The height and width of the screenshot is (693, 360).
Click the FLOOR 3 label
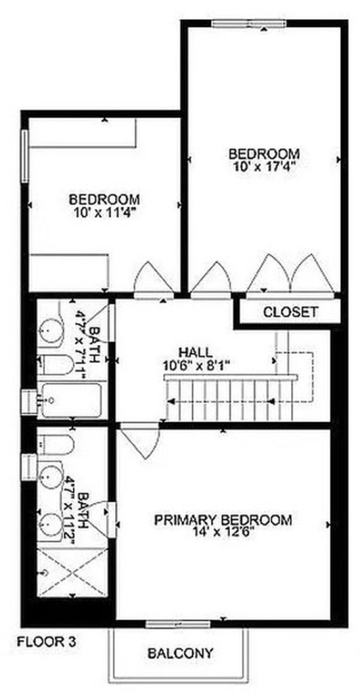click(47, 641)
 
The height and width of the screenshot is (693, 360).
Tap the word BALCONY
click(180, 652)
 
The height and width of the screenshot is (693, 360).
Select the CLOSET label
click(290, 312)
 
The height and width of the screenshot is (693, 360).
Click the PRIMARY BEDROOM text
click(223, 520)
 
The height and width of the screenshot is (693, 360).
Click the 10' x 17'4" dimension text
click(264, 166)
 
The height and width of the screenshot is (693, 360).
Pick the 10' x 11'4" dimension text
click(105, 211)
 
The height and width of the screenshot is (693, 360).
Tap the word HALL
click(196, 352)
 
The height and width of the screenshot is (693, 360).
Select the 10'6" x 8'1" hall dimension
click(196, 365)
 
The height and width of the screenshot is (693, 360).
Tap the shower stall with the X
click(72, 573)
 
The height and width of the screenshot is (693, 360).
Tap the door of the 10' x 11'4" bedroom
click(154, 280)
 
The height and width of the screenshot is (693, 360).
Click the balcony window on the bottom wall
click(178, 623)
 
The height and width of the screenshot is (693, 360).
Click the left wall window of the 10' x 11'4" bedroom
click(25, 156)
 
